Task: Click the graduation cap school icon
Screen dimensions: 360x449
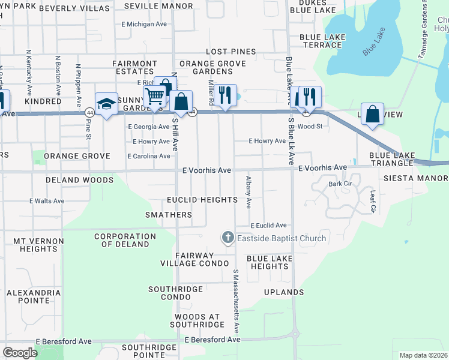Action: click(x=106, y=104)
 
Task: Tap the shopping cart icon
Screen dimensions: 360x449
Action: click(x=154, y=96)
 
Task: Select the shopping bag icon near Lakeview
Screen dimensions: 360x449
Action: click(x=373, y=113)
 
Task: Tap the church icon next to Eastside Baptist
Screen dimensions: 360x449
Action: click(x=228, y=238)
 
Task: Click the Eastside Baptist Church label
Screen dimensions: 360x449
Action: click(x=281, y=238)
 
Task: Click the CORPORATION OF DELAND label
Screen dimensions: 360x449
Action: click(x=125, y=241)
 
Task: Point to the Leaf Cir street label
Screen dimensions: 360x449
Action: click(x=372, y=202)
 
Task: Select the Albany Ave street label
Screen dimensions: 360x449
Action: click(x=247, y=193)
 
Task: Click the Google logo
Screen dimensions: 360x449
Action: click(x=20, y=353)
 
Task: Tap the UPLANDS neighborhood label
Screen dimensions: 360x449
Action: click(x=284, y=292)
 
